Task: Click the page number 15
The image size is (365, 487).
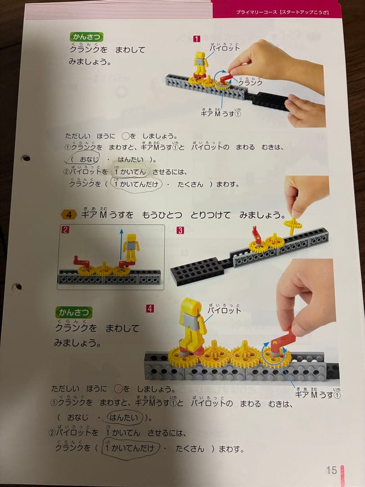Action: click(x=332, y=470)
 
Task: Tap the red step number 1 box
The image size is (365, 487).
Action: click(x=196, y=38)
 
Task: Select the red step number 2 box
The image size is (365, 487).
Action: click(x=65, y=230)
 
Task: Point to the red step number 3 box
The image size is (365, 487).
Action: click(x=180, y=230)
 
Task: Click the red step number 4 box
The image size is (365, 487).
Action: click(x=150, y=308)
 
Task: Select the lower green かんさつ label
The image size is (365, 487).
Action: click(x=74, y=312)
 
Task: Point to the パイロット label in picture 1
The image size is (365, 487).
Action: click(x=224, y=47)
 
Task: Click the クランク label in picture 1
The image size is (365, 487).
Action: click(x=250, y=83)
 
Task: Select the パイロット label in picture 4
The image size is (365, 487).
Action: click(x=224, y=310)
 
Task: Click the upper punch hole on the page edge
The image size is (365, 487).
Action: click(x=26, y=158)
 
